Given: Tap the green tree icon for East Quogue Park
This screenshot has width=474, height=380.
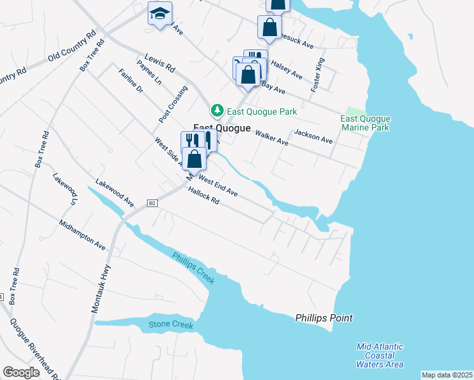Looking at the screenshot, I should pyautogui.click(x=217, y=111).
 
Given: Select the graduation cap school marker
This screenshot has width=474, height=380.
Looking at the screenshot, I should pyautogui.click(x=160, y=13).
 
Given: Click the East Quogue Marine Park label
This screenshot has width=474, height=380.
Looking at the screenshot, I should pyautogui.click(x=366, y=123).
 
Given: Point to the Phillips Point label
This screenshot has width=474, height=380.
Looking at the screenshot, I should pyautogui.click(x=324, y=318).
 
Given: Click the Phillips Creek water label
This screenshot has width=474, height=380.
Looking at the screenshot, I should pyautogui.click(x=194, y=269).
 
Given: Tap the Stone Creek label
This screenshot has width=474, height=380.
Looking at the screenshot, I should pyautogui.click(x=170, y=325).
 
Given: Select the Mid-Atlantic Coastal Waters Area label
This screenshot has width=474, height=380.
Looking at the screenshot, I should pyautogui.click(x=380, y=355).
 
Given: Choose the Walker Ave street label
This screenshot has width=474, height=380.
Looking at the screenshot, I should pyautogui.click(x=272, y=138).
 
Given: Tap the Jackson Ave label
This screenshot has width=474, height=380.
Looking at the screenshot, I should pyautogui.click(x=313, y=136).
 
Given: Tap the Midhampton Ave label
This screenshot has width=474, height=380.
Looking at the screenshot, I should pyautogui.click(x=82, y=234).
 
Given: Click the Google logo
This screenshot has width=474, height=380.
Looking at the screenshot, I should pyautogui.click(x=21, y=372).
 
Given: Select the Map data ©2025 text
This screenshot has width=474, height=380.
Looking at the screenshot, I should pyautogui.click(x=447, y=375).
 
